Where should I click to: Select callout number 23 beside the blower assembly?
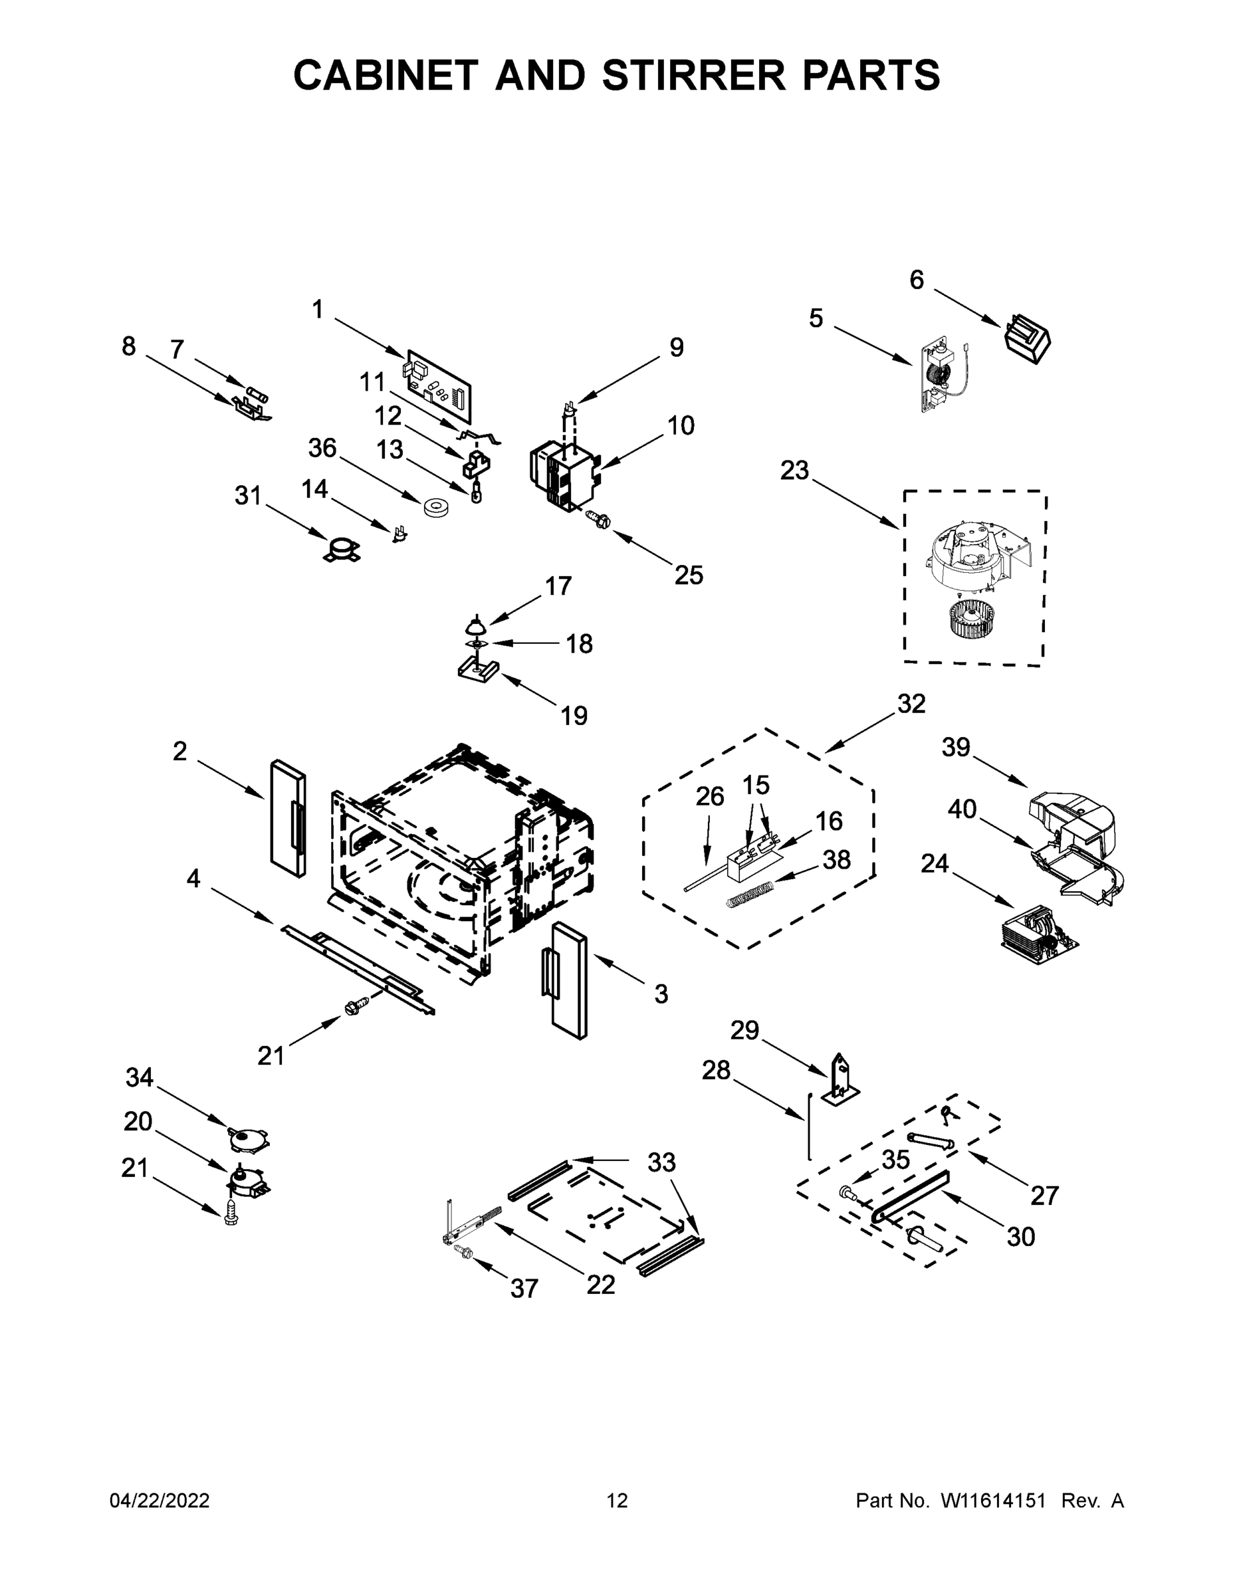pyautogui.click(x=794, y=471)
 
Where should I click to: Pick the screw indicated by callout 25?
pyautogui.click(x=598, y=520)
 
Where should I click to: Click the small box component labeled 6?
pyautogui.click(x=1028, y=338)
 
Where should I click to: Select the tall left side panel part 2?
pyautogui.click(x=288, y=818)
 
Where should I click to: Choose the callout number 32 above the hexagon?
pyautogui.click(x=911, y=704)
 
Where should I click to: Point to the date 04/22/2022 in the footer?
pyautogui.click(x=160, y=1501)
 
